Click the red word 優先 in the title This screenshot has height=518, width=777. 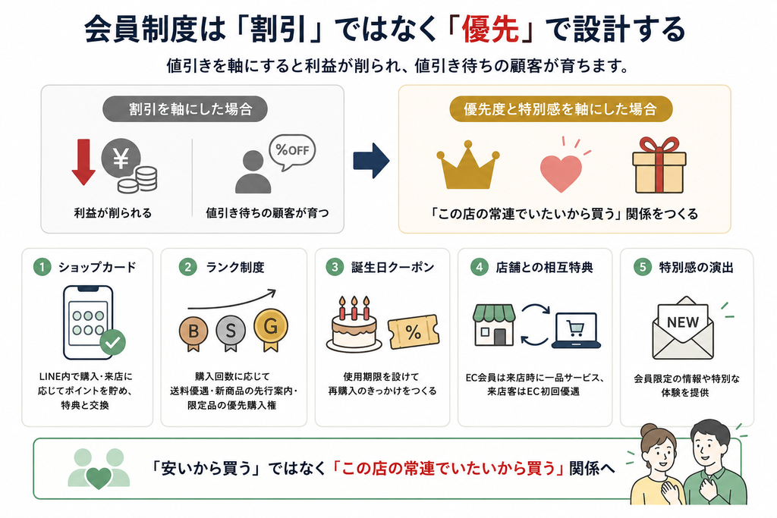click(491, 30)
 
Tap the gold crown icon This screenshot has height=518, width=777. click(467, 166)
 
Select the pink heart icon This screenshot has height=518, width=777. click(561, 173)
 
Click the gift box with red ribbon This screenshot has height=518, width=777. click(659, 165)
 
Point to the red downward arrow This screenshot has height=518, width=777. click(83, 162)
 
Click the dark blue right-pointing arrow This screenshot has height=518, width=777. click(371, 161)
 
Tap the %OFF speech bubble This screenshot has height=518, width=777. click(292, 151)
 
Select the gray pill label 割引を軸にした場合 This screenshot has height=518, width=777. click(185, 109)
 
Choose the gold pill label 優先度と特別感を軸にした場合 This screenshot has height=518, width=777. click(561, 109)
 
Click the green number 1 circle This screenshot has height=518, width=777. click(42, 268)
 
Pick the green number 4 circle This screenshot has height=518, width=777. click(479, 268)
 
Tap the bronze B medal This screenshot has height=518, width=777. click(193, 332)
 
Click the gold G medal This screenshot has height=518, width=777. click(271, 329)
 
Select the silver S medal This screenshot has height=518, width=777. click(231, 332)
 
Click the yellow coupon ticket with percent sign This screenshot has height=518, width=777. click(414, 331)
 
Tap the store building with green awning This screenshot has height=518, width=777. click(494, 325)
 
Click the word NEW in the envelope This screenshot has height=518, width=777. click(683, 322)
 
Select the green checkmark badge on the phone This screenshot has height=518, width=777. click(112, 342)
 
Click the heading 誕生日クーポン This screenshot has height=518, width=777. click(392, 268)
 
